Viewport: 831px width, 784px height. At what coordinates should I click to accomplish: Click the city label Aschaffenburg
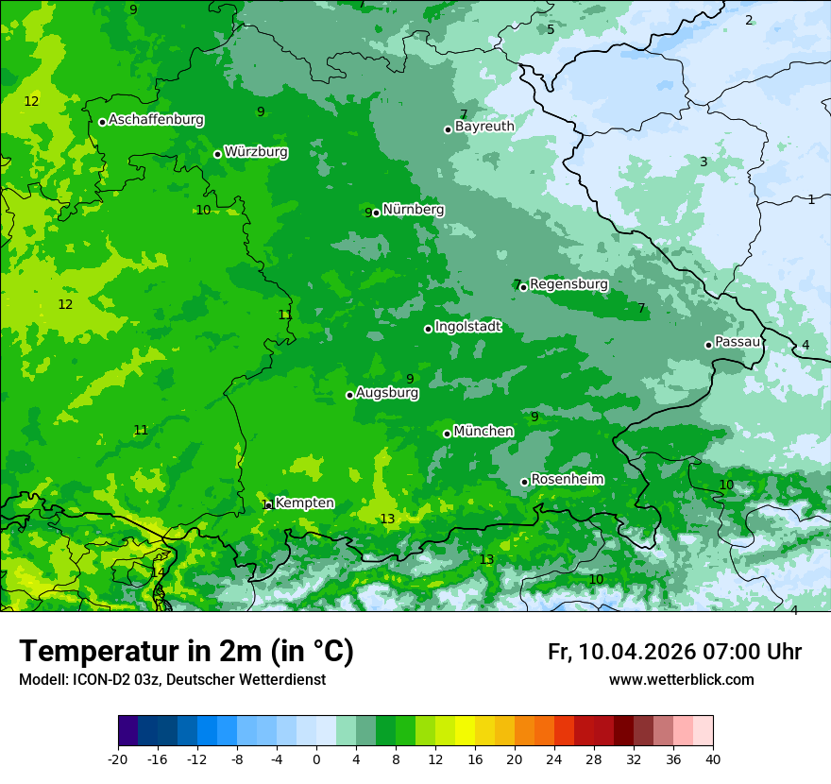pyautogui.click(x=156, y=120)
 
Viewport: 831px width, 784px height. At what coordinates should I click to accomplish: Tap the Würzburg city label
pyautogui.click(x=256, y=152)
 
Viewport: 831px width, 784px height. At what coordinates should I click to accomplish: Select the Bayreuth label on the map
pyautogui.click(x=484, y=127)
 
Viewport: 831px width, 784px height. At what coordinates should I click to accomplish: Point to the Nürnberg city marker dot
pyautogui.click(x=376, y=213)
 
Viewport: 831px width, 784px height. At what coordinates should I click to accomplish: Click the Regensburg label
pyautogui.click(x=568, y=284)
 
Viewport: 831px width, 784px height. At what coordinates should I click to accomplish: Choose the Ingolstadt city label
pyautogui.click(x=467, y=327)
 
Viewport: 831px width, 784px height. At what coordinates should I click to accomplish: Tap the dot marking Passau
pyautogui.click(x=708, y=345)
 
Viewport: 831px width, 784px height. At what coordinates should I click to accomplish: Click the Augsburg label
pyautogui.click(x=387, y=393)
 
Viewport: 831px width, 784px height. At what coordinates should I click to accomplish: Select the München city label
pyautogui.click(x=483, y=432)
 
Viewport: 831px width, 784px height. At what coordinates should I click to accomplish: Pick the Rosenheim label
pyautogui.click(x=567, y=480)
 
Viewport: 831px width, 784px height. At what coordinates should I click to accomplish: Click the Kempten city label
pyautogui.click(x=304, y=503)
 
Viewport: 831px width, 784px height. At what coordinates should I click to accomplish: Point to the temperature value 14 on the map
pyautogui.click(x=158, y=572)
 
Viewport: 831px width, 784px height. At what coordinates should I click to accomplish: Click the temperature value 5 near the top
pyautogui.click(x=551, y=29)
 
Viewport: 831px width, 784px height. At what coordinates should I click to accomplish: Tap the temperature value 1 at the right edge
pyautogui.click(x=810, y=199)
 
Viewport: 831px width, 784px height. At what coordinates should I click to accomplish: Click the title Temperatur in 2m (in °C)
pyautogui.click(x=186, y=652)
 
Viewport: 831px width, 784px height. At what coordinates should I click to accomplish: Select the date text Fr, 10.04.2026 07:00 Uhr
pyautogui.click(x=674, y=652)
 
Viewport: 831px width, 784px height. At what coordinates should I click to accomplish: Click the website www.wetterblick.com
pyautogui.click(x=681, y=680)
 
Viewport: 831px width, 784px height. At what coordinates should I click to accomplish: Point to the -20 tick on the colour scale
pyautogui.click(x=118, y=758)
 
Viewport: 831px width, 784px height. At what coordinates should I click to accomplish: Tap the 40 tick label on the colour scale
pyautogui.click(x=712, y=758)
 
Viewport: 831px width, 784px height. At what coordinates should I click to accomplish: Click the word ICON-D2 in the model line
pyautogui.click(x=97, y=680)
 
